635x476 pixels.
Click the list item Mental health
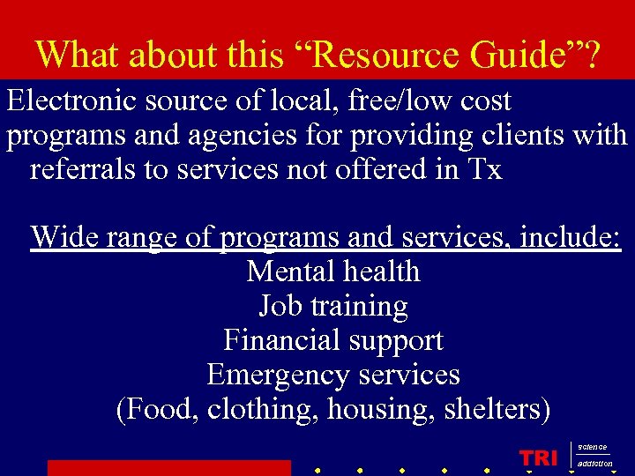[333, 271]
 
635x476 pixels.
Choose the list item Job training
[333, 306]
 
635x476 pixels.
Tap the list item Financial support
[333, 339]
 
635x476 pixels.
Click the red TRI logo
[539, 457]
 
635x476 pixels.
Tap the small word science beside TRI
[593, 448]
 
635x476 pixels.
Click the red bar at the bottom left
[168, 467]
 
